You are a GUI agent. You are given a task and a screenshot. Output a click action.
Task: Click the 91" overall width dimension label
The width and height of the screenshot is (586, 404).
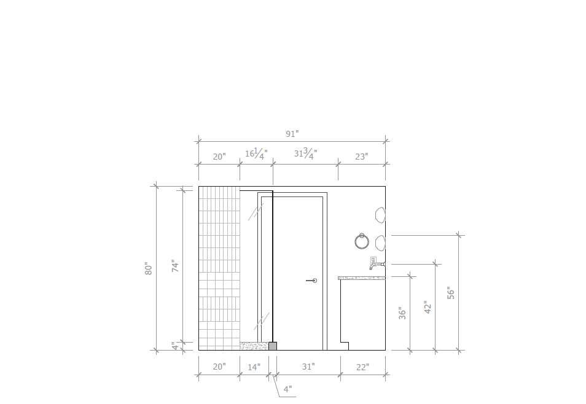coord(292,134)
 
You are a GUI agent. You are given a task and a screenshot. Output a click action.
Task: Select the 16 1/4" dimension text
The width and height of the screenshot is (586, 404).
coord(256,153)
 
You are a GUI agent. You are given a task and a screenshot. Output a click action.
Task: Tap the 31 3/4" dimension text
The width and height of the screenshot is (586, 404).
coord(306,153)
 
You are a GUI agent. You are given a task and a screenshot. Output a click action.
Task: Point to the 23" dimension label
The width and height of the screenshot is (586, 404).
coord(361,157)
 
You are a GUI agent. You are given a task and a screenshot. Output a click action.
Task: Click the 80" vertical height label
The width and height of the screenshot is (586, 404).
coord(149,268)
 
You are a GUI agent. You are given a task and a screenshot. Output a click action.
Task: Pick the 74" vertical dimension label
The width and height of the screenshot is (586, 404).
coord(175,266)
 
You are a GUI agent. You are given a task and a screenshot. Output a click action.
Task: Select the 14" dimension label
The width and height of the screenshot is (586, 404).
coord(254,367)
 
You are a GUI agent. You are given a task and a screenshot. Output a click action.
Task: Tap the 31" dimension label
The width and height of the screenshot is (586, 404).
coord(308,367)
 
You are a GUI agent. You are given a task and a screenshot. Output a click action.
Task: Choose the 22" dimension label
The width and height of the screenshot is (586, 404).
coord(362,367)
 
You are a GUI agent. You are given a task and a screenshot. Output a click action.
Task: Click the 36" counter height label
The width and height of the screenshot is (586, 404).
coord(402,313)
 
